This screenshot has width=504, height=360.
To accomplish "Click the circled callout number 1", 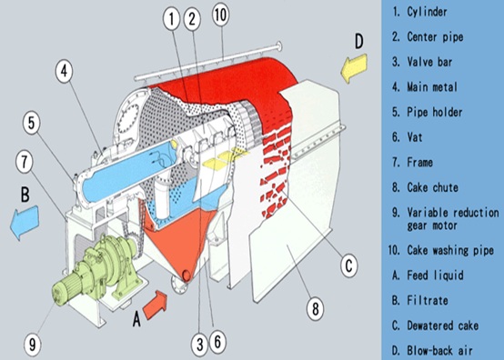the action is click(171, 18).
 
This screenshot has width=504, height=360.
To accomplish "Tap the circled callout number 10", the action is click(221, 15).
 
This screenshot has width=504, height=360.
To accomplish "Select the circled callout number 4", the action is click(65, 71).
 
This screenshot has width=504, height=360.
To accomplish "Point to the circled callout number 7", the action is click(25, 162).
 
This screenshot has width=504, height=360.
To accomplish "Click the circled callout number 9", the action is click(33, 345).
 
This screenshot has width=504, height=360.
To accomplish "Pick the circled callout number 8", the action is click(316, 308).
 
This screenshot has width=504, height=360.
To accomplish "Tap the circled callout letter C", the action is click(349, 265).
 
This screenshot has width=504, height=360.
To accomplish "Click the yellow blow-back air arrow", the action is click(354, 68).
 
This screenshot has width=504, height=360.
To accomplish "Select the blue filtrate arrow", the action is click(25, 222).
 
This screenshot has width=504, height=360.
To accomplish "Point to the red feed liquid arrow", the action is click(155, 305).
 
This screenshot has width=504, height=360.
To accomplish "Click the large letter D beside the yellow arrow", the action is click(358, 42).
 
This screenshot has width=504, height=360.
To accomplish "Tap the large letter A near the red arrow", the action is click(136, 319).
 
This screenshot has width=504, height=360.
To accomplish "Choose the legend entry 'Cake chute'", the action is click(432, 187).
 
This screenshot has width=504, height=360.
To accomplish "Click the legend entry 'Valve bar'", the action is click(429, 62).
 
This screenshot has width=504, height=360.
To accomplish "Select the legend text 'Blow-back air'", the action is click(439, 350).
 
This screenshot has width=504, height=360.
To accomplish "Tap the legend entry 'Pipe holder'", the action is click(435, 112).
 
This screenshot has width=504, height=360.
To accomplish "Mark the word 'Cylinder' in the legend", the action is click(427, 12).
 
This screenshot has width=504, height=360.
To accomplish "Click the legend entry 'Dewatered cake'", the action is click(443, 325).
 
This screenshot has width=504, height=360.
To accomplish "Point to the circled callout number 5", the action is click(31, 123).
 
